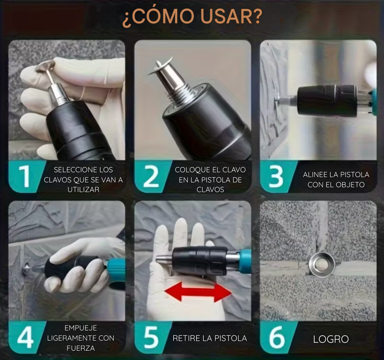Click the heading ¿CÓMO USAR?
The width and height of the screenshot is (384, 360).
(x=192, y=17)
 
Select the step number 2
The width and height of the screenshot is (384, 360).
(x=151, y=176)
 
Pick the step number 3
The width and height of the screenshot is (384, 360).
(x=276, y=176)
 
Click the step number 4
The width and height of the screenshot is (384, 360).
(x=26, y=338)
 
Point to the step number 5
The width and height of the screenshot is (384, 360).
(x=151, y=338)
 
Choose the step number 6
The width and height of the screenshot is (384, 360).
(x=277, y=338)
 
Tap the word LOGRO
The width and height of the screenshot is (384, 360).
(x=331, y=339)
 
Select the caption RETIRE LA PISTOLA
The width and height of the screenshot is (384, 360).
(x=209, y=338)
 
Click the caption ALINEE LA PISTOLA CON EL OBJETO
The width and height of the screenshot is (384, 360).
(x=336, y=179)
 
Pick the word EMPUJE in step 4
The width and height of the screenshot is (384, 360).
(x=80, y=328)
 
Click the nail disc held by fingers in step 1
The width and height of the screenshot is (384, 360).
(x=45, y=67)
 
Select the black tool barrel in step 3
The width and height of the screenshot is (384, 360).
(x=327, y=100)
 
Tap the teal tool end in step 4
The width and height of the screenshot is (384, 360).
(x=116, y=268)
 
